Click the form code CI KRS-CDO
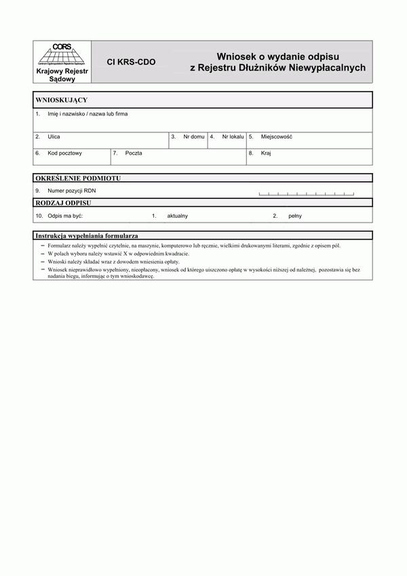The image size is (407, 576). [x=131, y=62]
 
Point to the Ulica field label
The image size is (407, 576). [x=54, y=136]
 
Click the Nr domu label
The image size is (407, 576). [x=193, y=136]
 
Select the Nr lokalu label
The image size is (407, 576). [x=231, y=136]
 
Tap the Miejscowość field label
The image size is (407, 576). [x=276, y=136]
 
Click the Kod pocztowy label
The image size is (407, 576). [x=64, y=153]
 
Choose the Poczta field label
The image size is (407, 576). [x=134, y=153]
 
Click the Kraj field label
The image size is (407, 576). [x=266, y=153]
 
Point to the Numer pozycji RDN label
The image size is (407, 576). [x=72, y=191]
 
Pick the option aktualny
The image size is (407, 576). [x=177, y=216]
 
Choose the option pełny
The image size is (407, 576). [x=294, y=216]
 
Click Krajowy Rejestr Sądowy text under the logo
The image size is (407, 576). [x=60, y=75]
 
